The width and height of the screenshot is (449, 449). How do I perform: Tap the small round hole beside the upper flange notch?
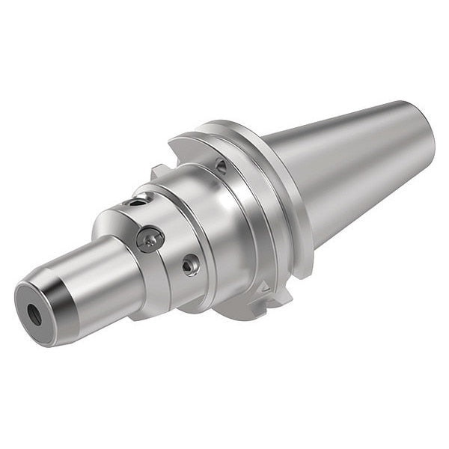(221, 166)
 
